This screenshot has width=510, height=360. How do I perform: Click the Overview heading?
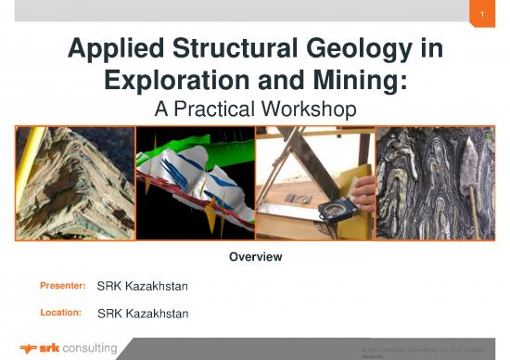(x=255, y=255)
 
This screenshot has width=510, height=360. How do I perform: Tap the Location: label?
(x=63, y=313)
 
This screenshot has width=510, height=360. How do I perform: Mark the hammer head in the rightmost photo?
(x=468, y=158)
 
